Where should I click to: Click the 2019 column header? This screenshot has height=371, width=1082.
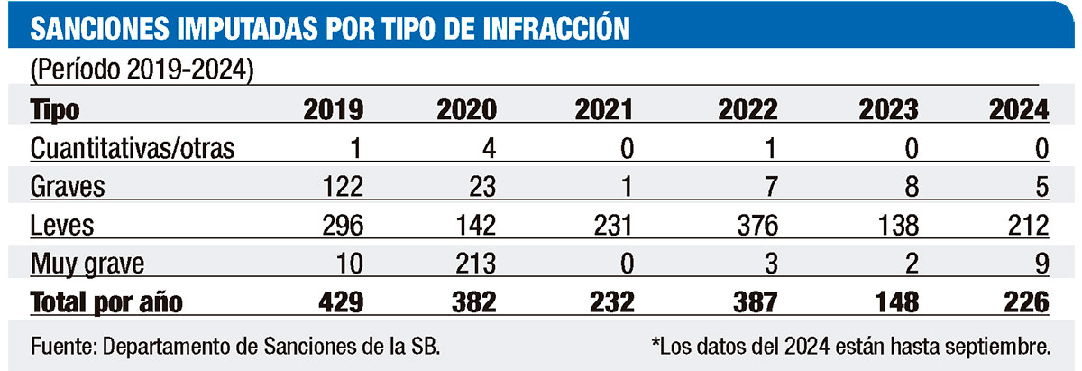coord(333,111)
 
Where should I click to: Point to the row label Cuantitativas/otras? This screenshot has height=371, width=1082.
coord(133,149)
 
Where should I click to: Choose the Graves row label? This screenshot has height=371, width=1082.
coord(68,188)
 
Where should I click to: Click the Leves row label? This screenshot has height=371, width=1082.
coord(62,226)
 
